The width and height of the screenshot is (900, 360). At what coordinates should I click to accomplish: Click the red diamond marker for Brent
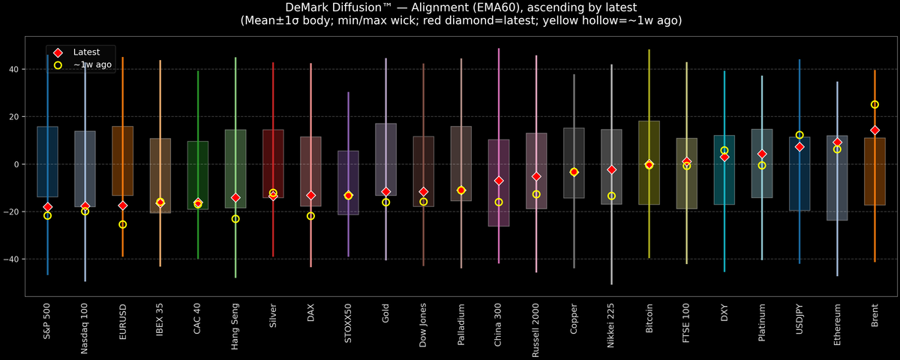coord(874,130)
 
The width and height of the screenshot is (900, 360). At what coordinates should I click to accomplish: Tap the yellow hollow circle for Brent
coord(874,105)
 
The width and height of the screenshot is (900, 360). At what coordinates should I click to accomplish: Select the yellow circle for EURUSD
coord(123,224)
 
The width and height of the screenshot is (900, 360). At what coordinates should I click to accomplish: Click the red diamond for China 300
coord(499,181)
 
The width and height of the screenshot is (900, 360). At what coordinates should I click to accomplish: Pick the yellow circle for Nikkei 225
coord(611,196)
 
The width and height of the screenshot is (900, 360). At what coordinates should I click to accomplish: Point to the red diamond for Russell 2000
coord(536,176)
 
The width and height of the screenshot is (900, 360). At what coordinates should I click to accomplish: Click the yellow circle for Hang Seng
coord(235,219)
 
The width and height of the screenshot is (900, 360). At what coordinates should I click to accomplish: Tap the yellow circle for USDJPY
coord(799,135)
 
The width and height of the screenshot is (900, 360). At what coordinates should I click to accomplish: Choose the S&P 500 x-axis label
coord(48,322)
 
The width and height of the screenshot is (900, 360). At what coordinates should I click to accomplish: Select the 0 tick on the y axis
coord(19,164)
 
